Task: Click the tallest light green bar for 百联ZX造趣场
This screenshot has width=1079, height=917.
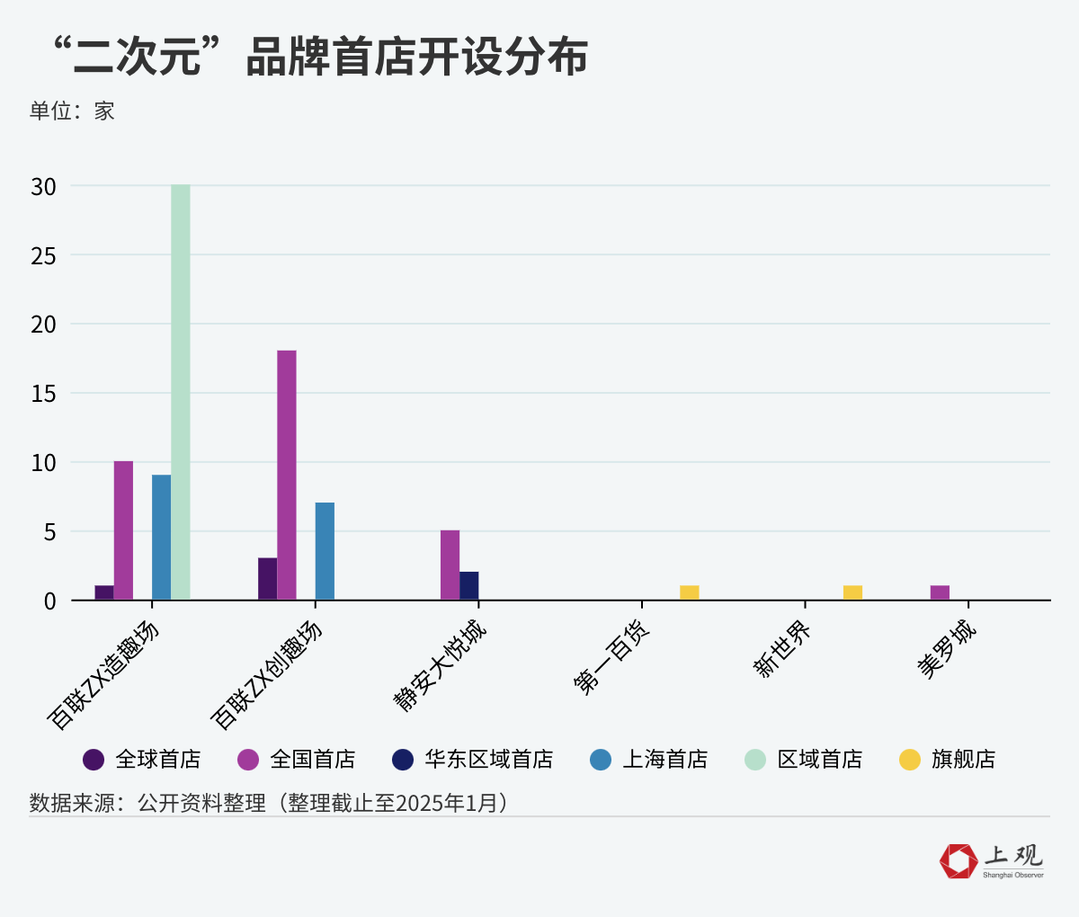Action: [x=181, y=392]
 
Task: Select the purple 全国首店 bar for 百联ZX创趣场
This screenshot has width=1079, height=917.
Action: [x=287, y=475]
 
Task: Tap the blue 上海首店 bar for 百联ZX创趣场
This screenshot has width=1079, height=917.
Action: [x=325, y=551]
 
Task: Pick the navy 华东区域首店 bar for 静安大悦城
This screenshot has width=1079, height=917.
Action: [x=469, y=586]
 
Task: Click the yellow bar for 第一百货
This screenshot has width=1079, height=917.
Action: [x=690, y=592]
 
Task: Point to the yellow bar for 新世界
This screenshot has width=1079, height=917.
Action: [x=852, y=592]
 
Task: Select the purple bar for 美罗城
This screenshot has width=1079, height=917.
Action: [x=940, y=592]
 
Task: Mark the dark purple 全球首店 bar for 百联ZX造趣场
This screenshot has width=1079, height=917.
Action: [x=104, y=592]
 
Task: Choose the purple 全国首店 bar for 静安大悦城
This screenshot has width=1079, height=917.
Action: [x=450, y=565]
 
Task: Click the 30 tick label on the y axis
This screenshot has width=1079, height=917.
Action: [x=43, y=186]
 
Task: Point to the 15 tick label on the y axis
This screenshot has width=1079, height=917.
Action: [x=43, y=394]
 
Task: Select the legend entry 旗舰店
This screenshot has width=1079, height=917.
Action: [x=963, y=760]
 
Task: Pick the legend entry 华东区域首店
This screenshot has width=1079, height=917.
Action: [x=488, y=760]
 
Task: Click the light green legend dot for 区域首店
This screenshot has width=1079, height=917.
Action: [x=755, y=760]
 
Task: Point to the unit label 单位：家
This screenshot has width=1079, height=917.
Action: [x=72, y=111]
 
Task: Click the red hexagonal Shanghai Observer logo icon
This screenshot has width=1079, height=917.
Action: [x=958, y=860]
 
